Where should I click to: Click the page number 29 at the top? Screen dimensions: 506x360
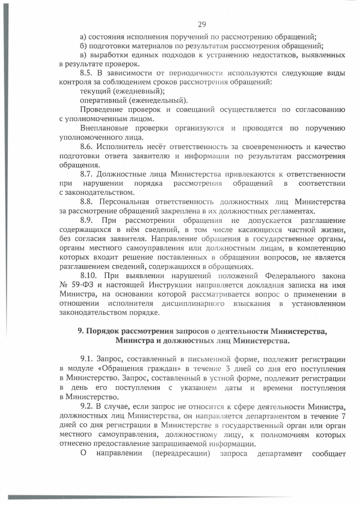(x=202, y=23)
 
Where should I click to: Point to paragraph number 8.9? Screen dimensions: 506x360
(x=90, y=220)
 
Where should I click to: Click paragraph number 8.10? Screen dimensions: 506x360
(x=92, y=275)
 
